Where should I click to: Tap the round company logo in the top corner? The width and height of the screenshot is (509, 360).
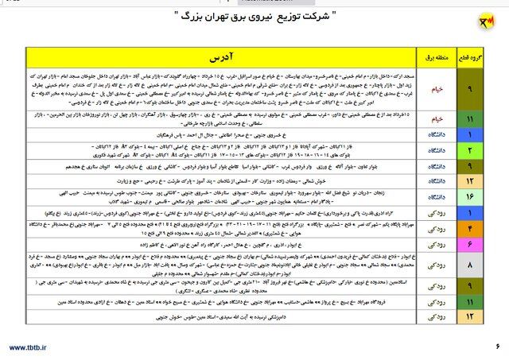click(x=484, y=20)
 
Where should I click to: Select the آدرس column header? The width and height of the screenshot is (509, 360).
click(x=239, y=59)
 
